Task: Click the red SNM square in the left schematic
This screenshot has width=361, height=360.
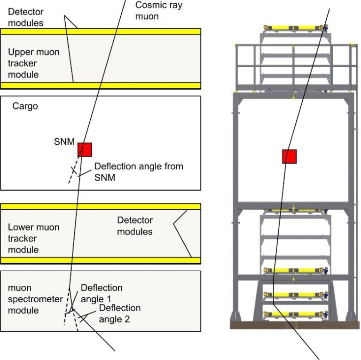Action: (x=85, y=149)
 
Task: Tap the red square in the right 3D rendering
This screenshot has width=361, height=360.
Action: (x=289, y=157)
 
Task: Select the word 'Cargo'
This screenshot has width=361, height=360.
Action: (x=25, y=106)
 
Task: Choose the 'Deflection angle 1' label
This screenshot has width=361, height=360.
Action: (x=102, y=293)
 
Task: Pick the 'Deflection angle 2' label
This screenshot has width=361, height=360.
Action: (x=119, y=313)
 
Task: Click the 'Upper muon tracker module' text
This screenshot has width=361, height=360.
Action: (x=34, y=63)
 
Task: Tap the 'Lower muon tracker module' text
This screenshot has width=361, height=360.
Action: (x=34, y=238)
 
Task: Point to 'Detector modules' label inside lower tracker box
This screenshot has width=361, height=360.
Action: (x=135, y=226)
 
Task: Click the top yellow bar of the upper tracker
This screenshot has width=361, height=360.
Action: (x=101, y=31)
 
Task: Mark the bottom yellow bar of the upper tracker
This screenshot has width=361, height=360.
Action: (x=101, y=86)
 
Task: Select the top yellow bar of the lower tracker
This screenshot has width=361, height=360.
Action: (x=101, y=206)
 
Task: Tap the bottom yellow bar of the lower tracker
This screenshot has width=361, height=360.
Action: (x=101, y=260)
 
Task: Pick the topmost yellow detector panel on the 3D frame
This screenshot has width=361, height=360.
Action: (x=294, y=27)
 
